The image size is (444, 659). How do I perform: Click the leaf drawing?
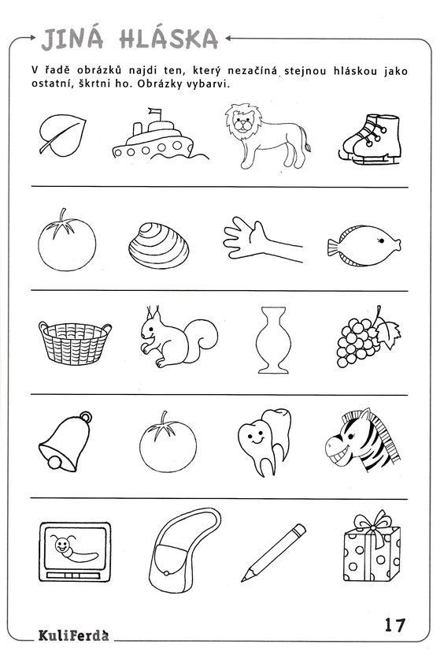point(62,135)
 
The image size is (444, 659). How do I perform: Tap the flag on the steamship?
point(155,112)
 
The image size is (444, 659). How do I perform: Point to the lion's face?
point(243,124)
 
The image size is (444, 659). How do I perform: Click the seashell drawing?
point(159,246)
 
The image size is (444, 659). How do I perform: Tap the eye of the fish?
point(382,240)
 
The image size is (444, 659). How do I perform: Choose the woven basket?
point(75,343)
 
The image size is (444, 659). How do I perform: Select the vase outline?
point(273,340)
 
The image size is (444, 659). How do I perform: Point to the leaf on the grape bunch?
point(388,333)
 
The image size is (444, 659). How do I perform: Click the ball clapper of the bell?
point(54,462)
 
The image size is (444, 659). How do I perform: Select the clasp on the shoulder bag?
point(167,573)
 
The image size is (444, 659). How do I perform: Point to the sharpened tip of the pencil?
point(243,579)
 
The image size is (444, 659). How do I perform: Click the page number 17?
point(395,625)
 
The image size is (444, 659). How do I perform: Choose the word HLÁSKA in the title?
point(169,39)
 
